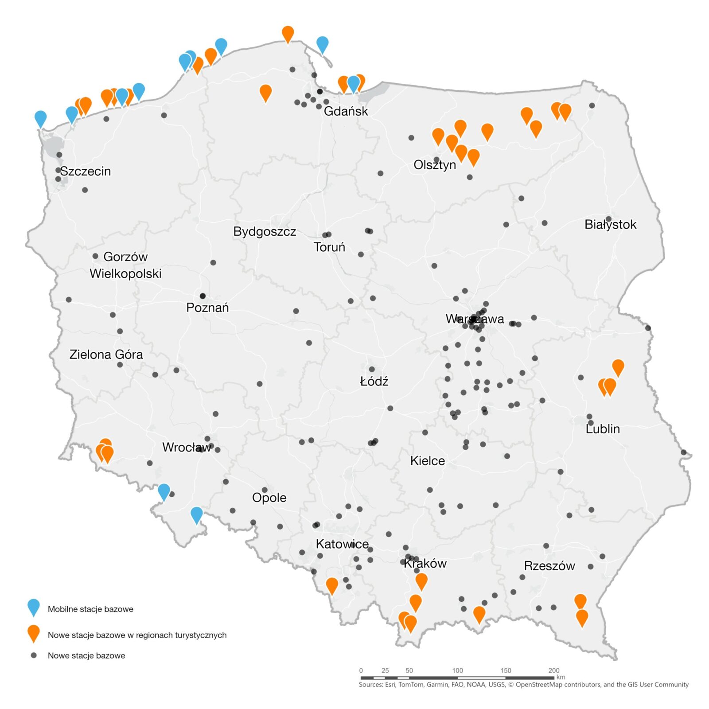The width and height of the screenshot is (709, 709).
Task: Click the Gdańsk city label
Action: click(346, 111)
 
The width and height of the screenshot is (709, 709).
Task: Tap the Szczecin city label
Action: click(85, 171)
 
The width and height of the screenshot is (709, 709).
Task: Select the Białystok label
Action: click(610, 224)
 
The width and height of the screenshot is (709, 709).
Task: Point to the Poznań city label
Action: click(207, 308)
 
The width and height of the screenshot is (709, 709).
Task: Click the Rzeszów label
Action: click(549, 566)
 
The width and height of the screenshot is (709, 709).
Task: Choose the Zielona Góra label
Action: click(106, 354)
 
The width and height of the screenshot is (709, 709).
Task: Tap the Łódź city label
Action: click(374, 381)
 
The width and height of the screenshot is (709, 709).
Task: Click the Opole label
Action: click(269, 498)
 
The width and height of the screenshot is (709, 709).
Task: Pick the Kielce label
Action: click(427, 461)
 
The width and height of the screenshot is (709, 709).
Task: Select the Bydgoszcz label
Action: click(265, 231)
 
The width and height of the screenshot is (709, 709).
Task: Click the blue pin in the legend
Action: click(34, 606)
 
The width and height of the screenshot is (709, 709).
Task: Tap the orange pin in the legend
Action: click(34, 632)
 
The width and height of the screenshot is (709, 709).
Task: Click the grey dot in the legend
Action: click(34, 655)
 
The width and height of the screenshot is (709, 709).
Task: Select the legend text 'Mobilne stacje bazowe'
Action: click(90, 609)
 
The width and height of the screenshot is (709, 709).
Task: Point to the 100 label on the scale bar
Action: click(457, 670)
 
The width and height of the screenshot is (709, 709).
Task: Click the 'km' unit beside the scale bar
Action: click(561, 677)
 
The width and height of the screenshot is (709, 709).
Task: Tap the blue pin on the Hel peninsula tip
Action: click(323, 44)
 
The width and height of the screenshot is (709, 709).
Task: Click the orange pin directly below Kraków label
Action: click(421, 580)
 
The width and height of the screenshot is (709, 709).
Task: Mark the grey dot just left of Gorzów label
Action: click(95, 256)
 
